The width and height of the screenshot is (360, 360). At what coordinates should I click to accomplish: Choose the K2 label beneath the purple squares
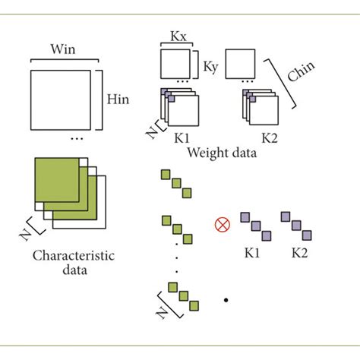(297, 249)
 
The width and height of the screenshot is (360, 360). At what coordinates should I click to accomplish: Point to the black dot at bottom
(226, 301)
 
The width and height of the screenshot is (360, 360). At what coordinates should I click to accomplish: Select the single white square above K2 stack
(239, 64)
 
